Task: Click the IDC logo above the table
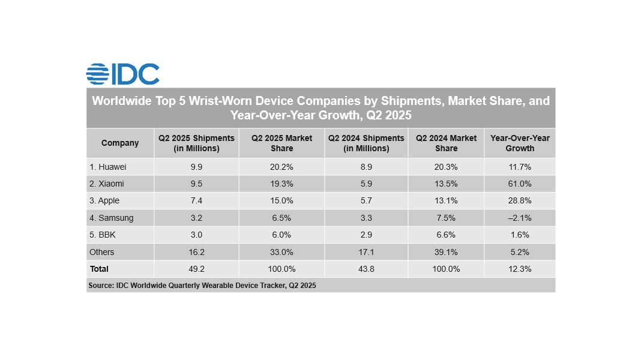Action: click(122, 74)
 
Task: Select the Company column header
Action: click(120, 143)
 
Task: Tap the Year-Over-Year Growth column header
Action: click(520, 143)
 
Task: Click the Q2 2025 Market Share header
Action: click(281, 143)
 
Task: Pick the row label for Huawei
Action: click(108, 167)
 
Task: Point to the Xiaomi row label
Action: click(107, 184)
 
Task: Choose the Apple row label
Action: click(104, 200)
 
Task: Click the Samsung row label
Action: click(111, 218)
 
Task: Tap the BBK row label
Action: click(102, 235)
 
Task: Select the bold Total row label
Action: click(99, 269)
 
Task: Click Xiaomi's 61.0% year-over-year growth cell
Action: click(520, 184)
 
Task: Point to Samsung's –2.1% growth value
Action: click(520, 218)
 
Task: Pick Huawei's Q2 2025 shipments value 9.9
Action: click(196, 167)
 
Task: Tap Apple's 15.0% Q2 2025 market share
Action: click(281, 200)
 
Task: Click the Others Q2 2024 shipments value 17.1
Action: click(366, 252)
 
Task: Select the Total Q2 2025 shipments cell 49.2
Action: click(196, 269)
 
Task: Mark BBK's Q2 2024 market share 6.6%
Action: click(446, 235)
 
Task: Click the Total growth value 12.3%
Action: click(520, 269)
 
